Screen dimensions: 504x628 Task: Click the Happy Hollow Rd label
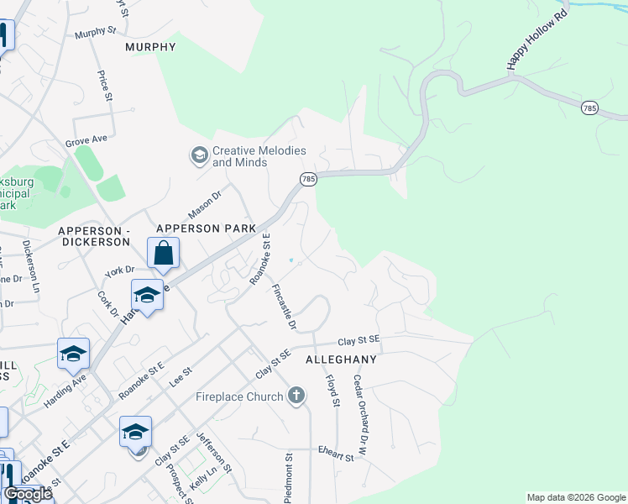pos(526,40)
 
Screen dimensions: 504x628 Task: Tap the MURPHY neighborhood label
pos(150,47)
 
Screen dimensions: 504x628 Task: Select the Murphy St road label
pos(95,33)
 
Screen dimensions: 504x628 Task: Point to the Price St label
pos(105,87)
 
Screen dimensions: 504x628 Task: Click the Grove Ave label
pos(87,139)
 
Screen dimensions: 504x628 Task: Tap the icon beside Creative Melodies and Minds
pos(199,155)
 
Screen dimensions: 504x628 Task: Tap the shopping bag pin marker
pos(164,253)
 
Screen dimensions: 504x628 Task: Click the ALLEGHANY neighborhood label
pos(341,359)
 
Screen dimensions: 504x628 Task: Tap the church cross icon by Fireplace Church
pos(295,396)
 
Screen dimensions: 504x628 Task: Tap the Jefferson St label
pos(212,451)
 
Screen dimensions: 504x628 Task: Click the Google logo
pos(29,494)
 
